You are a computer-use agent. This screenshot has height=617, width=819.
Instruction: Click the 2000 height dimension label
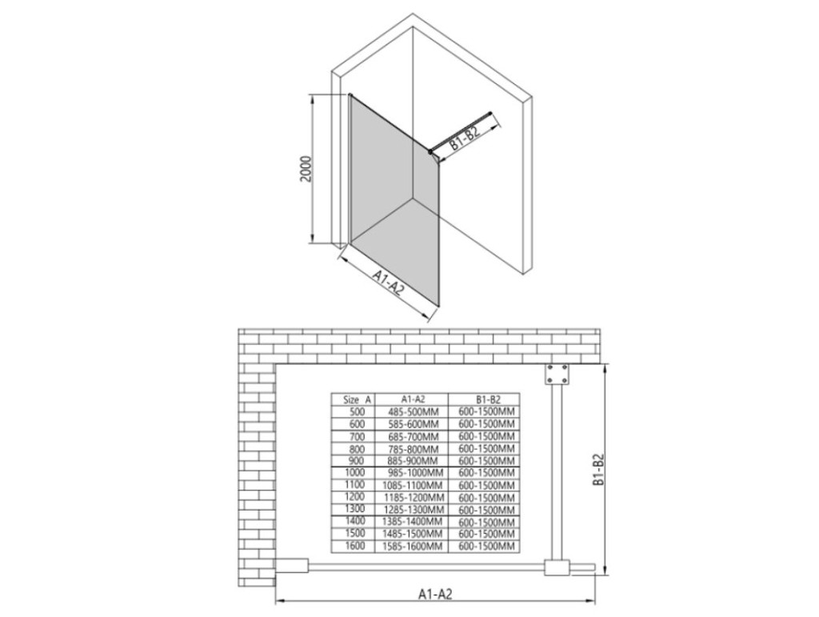pyautogui.click(x=306, y=168)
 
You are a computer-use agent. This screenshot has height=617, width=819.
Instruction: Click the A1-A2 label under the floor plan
pyautogui.click(x=434, y=594)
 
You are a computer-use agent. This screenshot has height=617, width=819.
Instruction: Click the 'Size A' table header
pyautogui.click(x=358, y=399)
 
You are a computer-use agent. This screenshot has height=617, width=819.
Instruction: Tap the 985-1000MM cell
pyautogui.click(x=416, y=473)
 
